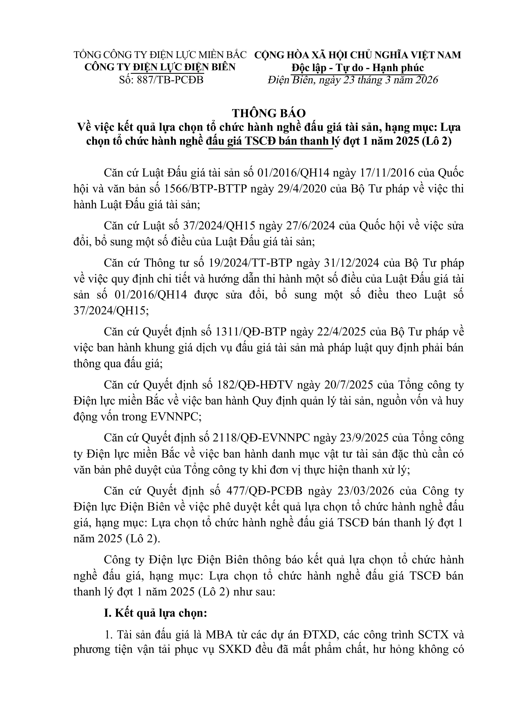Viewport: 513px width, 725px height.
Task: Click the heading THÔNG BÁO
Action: coord(269,113)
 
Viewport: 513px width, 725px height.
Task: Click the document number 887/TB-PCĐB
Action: coord(170,80)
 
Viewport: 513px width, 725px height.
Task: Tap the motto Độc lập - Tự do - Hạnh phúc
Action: coord(357,68)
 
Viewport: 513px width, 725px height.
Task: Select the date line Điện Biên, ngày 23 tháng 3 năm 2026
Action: coord(353,80)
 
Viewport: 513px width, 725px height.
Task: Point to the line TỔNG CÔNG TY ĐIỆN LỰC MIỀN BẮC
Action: coord(160,55)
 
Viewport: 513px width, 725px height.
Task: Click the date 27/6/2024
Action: coord(309,226)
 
